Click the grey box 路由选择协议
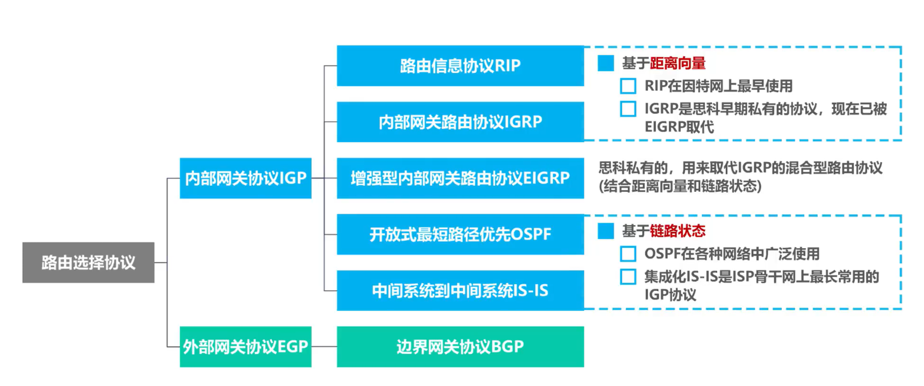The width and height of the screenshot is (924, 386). tap(88, 262)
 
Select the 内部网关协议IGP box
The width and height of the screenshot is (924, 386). tap(245, 178)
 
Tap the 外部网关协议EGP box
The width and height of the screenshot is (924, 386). tap(245, 347)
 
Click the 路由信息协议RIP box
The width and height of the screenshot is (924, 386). tap(460, 66)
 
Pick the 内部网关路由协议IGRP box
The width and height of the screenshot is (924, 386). tap(460, 122)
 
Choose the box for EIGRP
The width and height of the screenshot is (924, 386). tap(460, 178)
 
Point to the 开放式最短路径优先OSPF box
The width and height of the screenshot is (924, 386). tap(460, 234)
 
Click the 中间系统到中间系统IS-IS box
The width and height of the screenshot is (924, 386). tap(460, 290)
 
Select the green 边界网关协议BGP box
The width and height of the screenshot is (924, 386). tap(460, 347)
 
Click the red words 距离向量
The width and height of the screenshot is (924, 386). tap(678, 64)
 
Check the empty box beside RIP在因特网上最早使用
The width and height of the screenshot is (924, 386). tap(628, 86)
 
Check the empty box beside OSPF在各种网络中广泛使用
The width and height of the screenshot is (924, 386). tap(628, 254)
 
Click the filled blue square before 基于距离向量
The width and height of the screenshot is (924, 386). tap(606, 64)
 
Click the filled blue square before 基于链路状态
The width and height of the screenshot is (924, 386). tap(606, 231)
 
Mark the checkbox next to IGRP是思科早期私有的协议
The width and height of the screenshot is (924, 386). tap(628, 109)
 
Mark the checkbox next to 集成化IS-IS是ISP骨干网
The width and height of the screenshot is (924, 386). tap(628, 277)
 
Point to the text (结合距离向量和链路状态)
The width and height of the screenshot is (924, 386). tap(680, 186)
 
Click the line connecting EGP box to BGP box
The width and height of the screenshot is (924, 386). tap(324, 347)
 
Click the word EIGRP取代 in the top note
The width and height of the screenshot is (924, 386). tap(679, 127)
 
